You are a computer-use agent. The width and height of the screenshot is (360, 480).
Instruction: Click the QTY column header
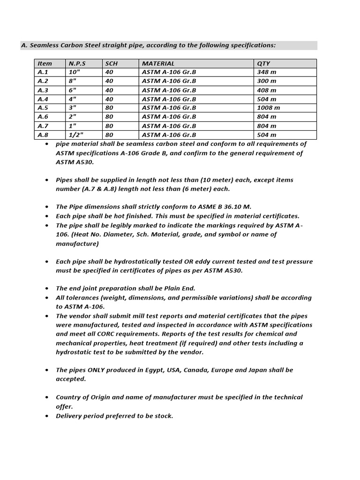[263, 63]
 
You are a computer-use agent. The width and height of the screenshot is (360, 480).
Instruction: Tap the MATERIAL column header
[158, 63]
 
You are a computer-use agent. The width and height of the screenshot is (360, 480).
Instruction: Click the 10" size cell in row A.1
[74, 72]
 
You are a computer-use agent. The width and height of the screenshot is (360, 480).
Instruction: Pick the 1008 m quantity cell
[268, 108]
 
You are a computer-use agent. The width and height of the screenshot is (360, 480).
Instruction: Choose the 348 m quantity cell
[266, 72]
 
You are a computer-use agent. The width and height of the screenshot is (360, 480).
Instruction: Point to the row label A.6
[43, 117]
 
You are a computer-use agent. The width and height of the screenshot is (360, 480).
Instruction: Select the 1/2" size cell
[75, 135]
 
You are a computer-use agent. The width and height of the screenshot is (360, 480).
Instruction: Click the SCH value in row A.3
[110, 90]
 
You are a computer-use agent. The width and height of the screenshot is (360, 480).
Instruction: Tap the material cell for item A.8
[169, 135]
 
